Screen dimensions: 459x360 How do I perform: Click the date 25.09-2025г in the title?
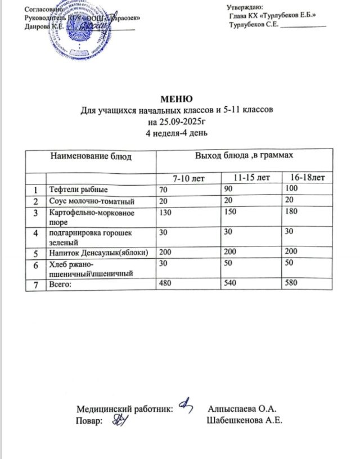click(177, 121)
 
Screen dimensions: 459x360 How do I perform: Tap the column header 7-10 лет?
click(189, 178)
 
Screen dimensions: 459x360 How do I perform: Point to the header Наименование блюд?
click(91, 156)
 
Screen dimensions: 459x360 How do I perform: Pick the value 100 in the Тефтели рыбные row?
click(291, 190)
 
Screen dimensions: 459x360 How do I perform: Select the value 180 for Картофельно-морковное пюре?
click(291, 213)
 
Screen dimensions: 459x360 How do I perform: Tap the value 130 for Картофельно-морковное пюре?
click(166, 213)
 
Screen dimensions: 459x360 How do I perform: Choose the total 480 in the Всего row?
click(166, 286)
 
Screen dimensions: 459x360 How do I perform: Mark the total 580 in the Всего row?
click(291, 286)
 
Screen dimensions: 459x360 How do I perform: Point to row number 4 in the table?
click(37, 232)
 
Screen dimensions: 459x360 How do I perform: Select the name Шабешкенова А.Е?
click(244, 420)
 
